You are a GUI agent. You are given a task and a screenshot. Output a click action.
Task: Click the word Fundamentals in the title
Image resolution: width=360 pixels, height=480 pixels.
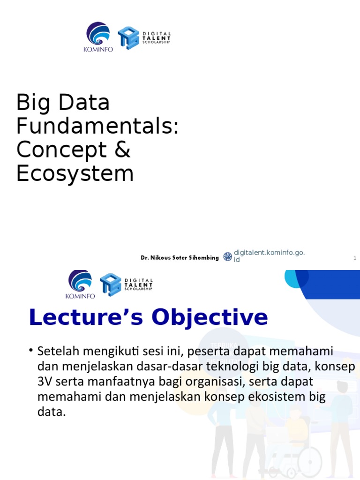click(97, 126)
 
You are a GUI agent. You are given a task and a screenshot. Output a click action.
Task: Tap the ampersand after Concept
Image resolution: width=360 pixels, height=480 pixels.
click(123, 150)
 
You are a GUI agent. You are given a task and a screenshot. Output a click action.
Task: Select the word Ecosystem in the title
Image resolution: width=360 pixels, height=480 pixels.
click(75, 173)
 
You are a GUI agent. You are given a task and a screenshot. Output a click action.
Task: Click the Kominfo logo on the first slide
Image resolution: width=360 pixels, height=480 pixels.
click(98, 37)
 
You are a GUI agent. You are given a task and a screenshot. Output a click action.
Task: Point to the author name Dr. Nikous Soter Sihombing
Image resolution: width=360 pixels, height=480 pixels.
click(180, 258)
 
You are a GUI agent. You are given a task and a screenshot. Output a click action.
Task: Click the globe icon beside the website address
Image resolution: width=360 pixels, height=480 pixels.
click(227, 256)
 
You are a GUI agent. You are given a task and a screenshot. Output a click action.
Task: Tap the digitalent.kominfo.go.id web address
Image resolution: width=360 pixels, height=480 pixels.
click(269, 256)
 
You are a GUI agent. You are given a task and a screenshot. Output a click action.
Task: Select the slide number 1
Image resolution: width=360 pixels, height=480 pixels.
click(355, 258)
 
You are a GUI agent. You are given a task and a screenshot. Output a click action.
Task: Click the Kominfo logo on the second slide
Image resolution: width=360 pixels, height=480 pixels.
click(80, 284)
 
